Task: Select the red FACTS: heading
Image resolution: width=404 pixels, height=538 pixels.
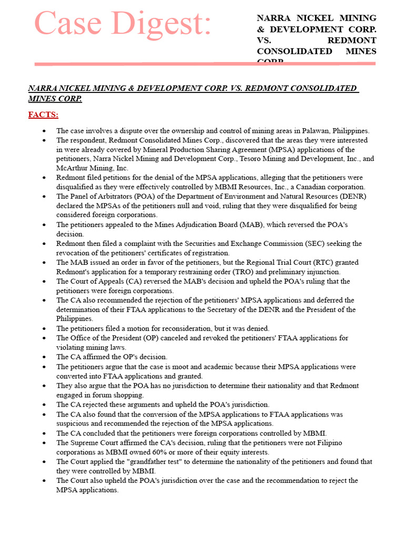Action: pyautogui.click(x=43, y=115)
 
